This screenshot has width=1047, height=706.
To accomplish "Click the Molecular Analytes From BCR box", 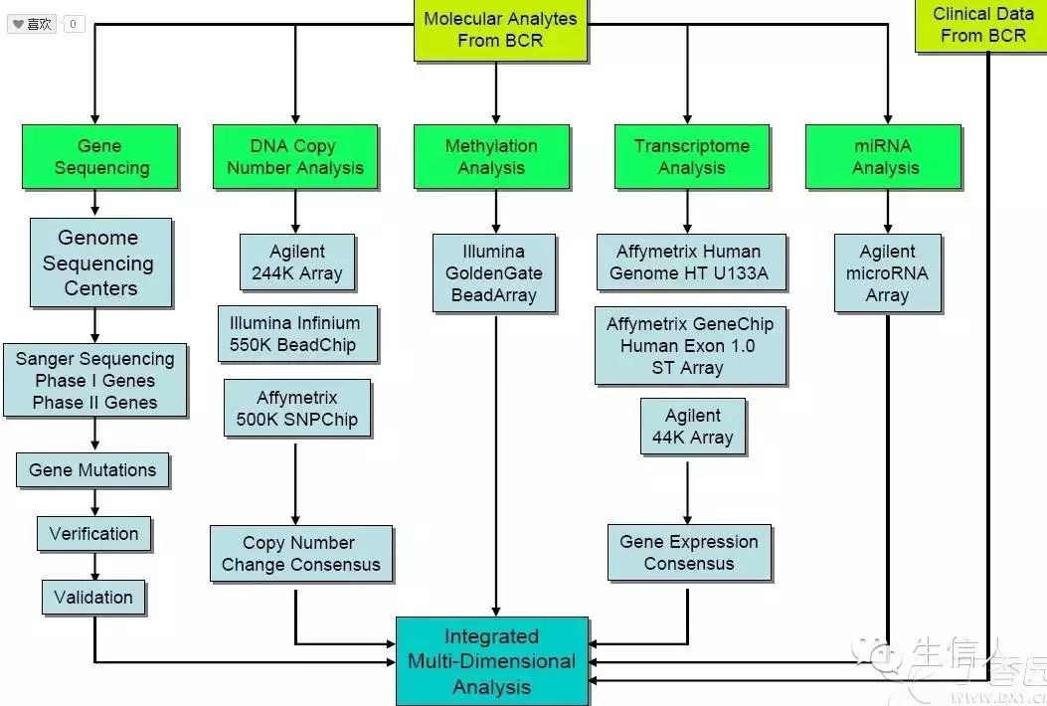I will [500, 29].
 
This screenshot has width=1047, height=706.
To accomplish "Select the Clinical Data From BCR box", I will [981, 26].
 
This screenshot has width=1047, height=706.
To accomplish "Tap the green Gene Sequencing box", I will [100, 156].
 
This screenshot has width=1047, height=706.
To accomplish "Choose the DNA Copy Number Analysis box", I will [295, 156].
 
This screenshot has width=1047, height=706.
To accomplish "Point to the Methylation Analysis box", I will [491, 156].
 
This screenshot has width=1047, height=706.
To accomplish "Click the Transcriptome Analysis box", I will [692, 156].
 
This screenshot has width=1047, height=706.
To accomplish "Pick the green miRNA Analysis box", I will [883, 156].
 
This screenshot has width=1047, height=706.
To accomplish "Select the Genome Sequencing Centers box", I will [100, 263].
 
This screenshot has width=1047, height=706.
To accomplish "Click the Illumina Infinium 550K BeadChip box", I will [295, 334].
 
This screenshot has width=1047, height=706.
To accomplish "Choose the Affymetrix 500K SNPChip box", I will [297, 408].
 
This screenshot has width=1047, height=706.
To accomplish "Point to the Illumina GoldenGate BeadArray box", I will [493, 272].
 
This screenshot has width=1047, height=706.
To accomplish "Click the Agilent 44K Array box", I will [692, 427].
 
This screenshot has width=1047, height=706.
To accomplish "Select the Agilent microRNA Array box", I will [887, 272].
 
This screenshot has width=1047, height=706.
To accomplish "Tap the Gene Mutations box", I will [92, 470].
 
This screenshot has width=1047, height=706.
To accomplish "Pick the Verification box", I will [94, 533].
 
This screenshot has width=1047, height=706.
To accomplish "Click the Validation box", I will [93, 597].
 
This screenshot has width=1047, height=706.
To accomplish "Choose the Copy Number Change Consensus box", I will [300, 554].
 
